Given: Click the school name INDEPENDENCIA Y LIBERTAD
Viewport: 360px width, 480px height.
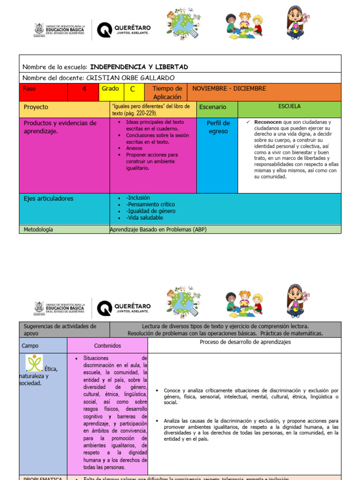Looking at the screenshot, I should [139, 67].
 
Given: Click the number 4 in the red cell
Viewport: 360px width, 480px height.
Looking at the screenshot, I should [84, 89].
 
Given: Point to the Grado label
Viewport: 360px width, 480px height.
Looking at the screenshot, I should [110, 89].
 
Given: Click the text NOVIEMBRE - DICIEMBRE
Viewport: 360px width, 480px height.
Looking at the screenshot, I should [229, 89].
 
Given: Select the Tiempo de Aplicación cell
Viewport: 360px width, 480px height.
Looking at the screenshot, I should [167, 92].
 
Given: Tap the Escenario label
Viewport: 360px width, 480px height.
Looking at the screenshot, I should [212, 107].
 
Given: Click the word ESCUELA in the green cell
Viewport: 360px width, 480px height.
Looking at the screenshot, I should [289, 106].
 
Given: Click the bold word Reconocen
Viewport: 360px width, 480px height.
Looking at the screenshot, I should [268, 122].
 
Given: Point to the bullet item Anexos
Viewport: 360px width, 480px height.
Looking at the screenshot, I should [134, 148].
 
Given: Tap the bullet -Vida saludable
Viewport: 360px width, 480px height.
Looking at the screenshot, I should [144, 217].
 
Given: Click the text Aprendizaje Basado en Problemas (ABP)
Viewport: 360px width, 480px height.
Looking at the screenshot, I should [158, 230].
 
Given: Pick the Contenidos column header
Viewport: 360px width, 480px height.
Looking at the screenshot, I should [107, 345].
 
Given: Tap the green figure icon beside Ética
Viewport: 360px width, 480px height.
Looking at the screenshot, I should [34, 363].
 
